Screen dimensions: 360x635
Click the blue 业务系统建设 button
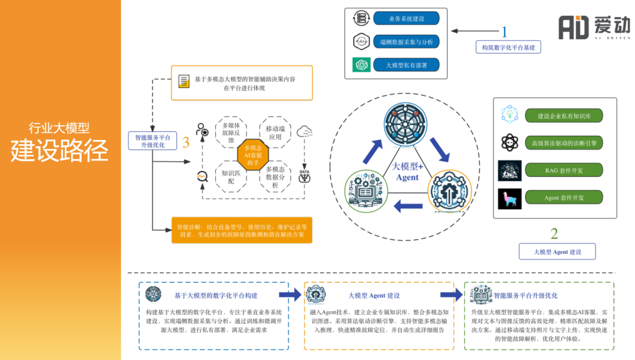point(406,19)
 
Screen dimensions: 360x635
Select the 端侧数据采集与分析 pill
point(406,42)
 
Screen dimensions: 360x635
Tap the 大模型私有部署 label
point(406,65)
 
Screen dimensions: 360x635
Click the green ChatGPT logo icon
point(360,65)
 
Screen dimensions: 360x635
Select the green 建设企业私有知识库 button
point(563,116)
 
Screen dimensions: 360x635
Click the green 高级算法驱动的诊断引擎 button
point(563,143)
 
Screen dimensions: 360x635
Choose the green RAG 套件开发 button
point(563,171)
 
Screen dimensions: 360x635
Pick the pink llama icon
point(509,198)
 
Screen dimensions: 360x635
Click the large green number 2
point(554,234)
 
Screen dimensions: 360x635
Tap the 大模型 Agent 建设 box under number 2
point(557,252)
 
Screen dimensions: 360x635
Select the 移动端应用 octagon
point(275,132)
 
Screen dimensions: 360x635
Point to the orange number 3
point(186,142)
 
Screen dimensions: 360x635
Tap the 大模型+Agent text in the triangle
point(407,172)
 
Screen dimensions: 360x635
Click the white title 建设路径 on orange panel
point(59,151)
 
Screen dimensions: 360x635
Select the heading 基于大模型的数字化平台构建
point(216,295)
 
